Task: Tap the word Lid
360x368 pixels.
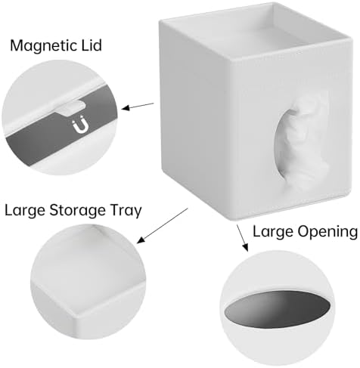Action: (91, 45)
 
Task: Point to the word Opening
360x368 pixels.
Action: (327, 232)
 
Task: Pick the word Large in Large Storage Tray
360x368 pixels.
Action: (25, 211)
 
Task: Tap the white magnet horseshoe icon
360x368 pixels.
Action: (80, 126)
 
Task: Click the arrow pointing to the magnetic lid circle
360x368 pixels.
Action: (138, 106)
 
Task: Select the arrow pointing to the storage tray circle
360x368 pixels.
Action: (163, 225)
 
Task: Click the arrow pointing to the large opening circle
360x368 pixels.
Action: (242, 237)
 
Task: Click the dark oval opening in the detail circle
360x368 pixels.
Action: (278, 309)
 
